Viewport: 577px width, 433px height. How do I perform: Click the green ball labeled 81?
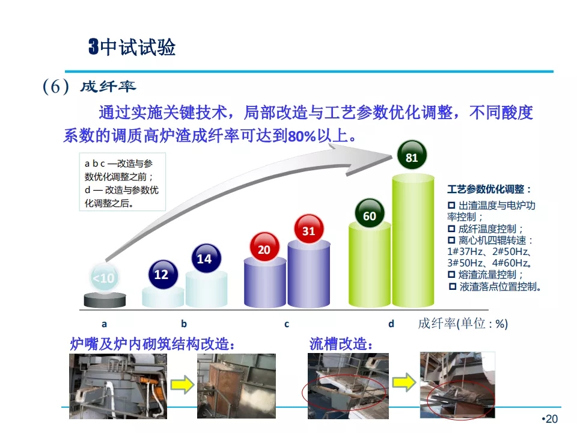click(x=412, y=155)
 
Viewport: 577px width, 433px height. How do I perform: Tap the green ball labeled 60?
click(x=370, y=213)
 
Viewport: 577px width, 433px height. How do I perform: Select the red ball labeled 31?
click(x=309, y=229)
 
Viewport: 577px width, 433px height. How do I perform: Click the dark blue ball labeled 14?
click(x=206, y=258)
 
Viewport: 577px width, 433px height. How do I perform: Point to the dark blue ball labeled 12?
click(x=163, y=275)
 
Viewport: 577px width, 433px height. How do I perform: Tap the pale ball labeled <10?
click(x=105, y=278)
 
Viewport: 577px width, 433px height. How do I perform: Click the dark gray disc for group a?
click(x=105, y=300)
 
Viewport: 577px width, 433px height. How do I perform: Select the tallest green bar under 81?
click(x=413, y=241)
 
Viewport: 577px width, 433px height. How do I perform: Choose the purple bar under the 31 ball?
click(x=309, y=274)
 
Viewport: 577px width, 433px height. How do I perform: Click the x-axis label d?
click(x=391, y=324)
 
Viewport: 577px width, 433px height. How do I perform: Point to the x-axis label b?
click(x=184, y=324)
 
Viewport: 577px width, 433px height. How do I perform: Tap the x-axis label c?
click(x=287, y=324)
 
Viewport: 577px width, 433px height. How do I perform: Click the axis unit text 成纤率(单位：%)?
click(x=463, y=324)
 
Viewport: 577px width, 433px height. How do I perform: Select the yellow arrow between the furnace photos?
click(x=182, y=385)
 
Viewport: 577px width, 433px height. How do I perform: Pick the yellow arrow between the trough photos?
click(x=404, y=382)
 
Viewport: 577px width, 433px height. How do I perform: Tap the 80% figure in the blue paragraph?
click(x=302, y=137)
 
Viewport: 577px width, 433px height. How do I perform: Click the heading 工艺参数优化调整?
click(x=486, y=189)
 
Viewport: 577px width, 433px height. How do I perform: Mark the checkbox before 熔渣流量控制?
click(x=451, y=274)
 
